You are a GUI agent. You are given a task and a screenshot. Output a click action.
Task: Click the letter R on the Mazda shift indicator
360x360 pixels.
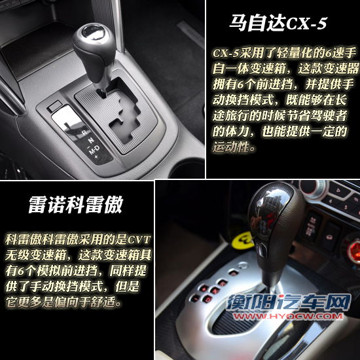click(x=84, y=132)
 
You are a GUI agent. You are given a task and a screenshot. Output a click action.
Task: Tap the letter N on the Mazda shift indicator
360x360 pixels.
click(x=91, y=140)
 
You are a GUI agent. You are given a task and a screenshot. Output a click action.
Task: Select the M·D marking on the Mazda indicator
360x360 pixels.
click(x=94, y=149)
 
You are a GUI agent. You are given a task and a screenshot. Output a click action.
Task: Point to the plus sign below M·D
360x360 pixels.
click(x=96, y=157)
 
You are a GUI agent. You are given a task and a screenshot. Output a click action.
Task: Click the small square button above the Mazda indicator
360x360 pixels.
click(x=54, y=106)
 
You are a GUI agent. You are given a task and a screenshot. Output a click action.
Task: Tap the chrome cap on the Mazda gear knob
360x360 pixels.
click(x=94, y=31)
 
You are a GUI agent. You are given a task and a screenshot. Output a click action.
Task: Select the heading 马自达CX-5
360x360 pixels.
click(x=278, y=23)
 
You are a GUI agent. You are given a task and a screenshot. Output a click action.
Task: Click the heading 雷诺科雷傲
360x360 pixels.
click(x=76, y=205)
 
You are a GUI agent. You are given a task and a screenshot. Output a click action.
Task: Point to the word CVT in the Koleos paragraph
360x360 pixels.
click(x=139, y=240)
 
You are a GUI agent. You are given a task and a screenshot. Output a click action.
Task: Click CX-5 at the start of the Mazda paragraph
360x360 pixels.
click(x=226, y=53)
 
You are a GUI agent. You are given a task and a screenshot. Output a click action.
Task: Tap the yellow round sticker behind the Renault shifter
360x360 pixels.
click(x=243, y=241)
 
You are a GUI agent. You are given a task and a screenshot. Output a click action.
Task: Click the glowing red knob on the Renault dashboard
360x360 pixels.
click(x=353, y=251)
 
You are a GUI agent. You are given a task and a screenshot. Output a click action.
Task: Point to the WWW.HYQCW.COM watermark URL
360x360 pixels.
click(x=288, y=316)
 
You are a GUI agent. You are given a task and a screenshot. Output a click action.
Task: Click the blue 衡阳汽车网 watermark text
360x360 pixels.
click(x=289, y=302)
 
